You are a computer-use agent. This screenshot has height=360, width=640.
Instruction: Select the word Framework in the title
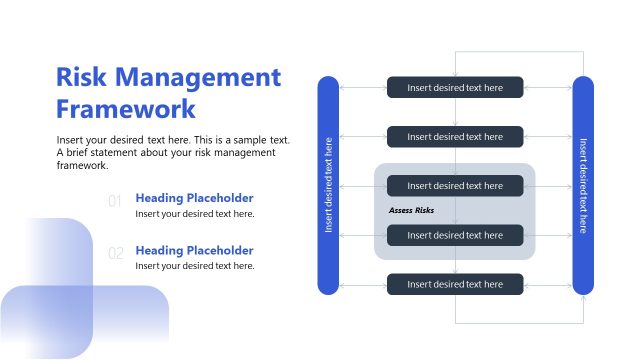[126, 109]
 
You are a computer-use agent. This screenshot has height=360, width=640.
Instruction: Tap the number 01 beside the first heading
[115, 201]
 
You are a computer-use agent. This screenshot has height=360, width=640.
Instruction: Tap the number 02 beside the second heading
[115, 254]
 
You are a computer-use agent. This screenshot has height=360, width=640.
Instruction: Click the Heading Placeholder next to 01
[194, 198]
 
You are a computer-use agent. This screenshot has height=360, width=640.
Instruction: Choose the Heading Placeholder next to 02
[194, 250]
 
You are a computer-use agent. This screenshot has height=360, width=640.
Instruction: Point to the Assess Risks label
[411, 210]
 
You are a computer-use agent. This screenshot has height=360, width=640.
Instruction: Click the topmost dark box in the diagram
[455, 87]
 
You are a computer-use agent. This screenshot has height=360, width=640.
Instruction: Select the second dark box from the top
[455, 136]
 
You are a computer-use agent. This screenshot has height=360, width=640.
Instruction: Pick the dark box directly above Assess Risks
[455, 185]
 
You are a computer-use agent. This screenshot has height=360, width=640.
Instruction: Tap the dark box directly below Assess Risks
[455, 235]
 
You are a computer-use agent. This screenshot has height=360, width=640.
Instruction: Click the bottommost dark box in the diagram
[455, 284]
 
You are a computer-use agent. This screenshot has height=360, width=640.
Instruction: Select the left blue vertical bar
[328, 185]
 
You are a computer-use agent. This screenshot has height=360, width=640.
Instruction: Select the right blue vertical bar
[583, 185]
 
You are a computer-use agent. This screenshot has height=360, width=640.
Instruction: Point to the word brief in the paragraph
[82, 152]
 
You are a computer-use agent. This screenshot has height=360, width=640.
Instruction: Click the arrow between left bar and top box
[363, 87]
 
